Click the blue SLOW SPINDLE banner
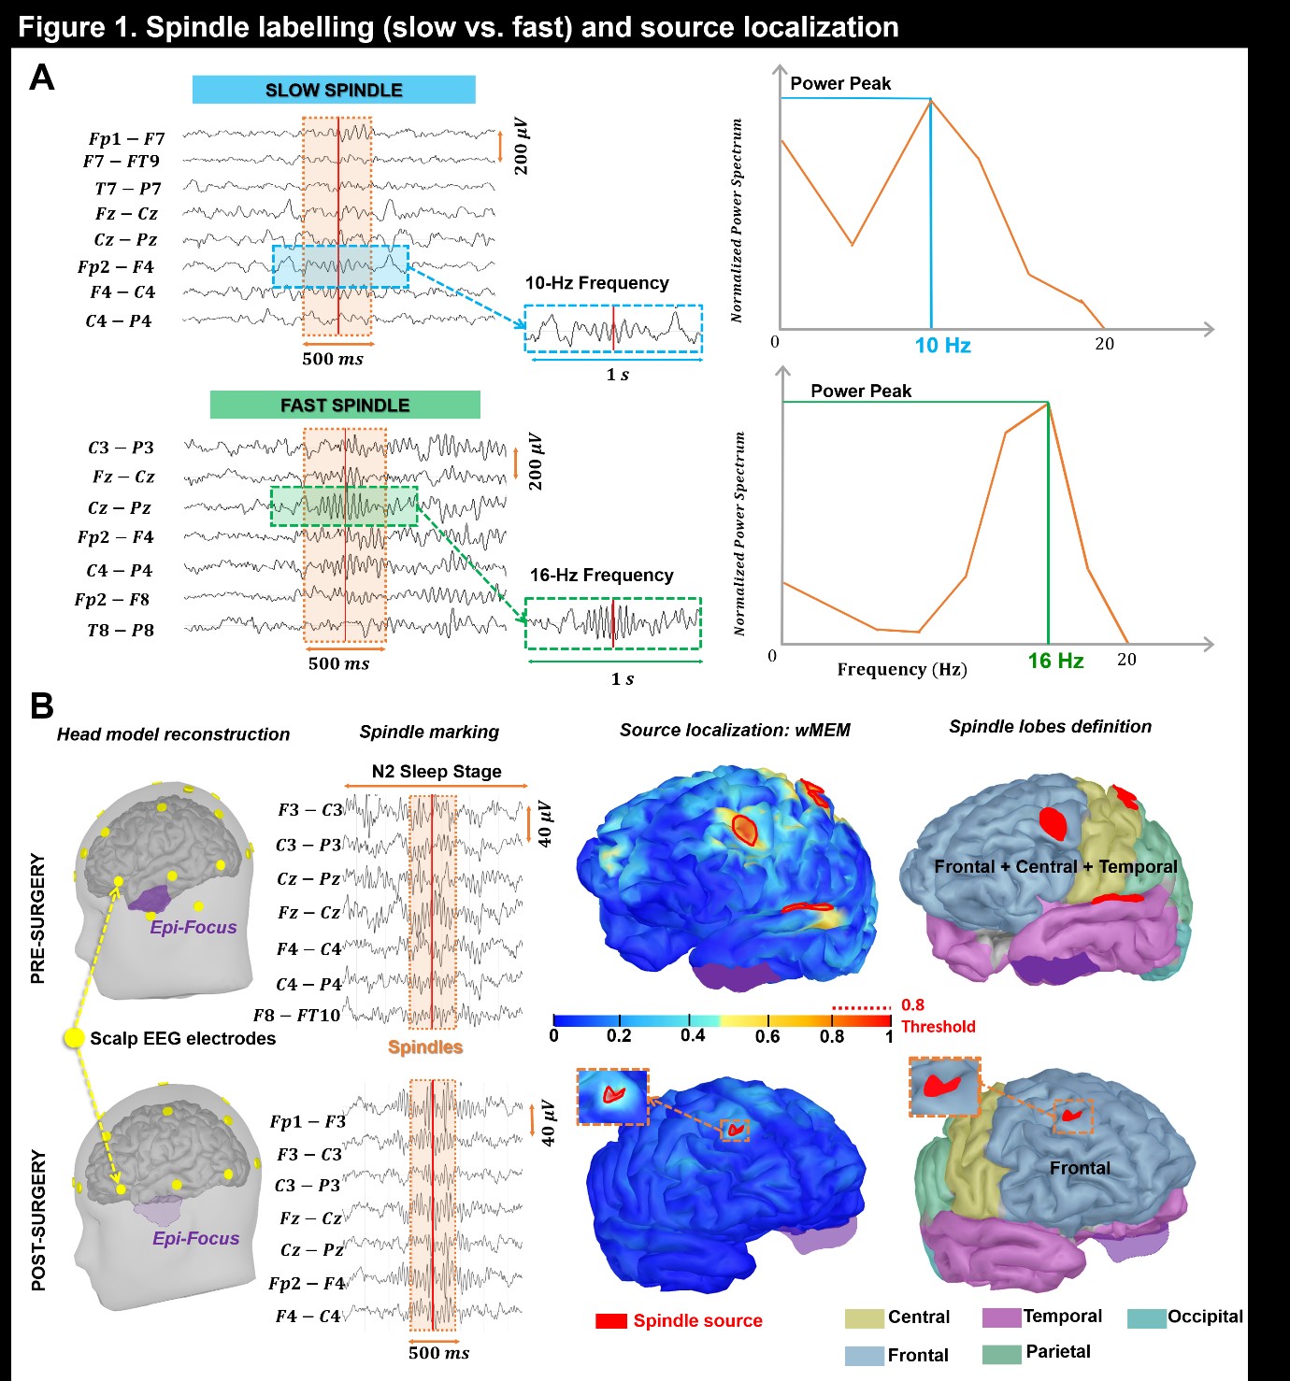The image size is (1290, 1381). [x=334, y=90]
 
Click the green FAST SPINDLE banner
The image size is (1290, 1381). [x=345, y=405]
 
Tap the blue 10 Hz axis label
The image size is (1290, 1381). [x=942, y=346]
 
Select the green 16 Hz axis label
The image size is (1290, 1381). [x=1055, y=662]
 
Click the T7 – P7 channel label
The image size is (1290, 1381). [x=127, y=189]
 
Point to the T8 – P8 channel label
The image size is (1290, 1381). [x=120, y=631]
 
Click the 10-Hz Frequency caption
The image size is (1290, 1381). [x=596, y=283]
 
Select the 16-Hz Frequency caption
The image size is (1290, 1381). [x=601, y=576]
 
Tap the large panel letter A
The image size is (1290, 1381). [x=41, y=78]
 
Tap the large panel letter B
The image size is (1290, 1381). [x=41, y=705]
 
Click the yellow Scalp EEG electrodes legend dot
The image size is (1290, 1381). [x=74, y=1038]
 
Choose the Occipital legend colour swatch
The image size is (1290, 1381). [x=1146, y=1318]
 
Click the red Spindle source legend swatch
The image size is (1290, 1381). [x=611, y=1321]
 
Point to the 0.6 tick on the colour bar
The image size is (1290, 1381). [x=767, y=1035]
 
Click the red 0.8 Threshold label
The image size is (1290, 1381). [x=937, y=1017]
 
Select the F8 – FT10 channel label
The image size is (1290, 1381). [x=296, y=1016]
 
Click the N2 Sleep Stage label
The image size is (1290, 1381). [x=437, y=772]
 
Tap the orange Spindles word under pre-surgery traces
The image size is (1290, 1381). [x=425, y=1047]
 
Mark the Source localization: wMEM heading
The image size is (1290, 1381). [x=735, y=731]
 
